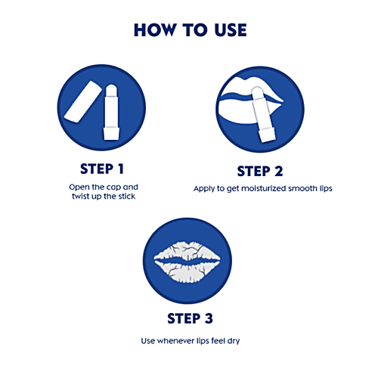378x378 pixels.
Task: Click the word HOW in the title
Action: point(154,30)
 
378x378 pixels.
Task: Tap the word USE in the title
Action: point(231,30)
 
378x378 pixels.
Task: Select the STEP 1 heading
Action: point(102,169)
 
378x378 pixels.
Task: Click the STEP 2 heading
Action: point(260,172)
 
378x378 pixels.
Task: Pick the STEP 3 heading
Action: point(191,318)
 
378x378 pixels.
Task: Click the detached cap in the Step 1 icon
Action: point(82,101)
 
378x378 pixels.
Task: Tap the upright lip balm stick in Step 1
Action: point(111,112)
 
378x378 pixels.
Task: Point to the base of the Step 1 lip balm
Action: point(111,134)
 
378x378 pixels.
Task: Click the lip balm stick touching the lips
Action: point(263,115)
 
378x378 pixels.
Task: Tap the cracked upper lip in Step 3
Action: point(187,251)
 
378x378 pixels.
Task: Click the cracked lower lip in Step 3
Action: point(187,271)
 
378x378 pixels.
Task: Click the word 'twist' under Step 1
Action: point(81,197)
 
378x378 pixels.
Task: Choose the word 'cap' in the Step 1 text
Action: point(112,187)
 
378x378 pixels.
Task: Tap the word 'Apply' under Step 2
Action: point(204,189)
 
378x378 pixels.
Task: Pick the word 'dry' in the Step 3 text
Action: point(234,342)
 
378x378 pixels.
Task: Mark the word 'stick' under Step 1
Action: point(127,197)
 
